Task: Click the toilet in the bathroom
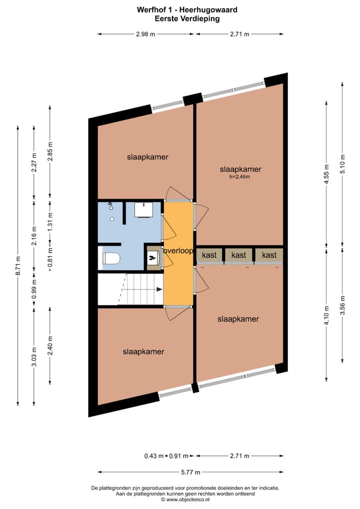point(110,258)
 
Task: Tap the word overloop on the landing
point(178,251)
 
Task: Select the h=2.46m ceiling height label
point(240,176)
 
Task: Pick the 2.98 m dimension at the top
point(145,34)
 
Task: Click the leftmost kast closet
point(209,255)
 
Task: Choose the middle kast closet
point(239,255)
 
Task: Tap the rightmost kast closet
point(269,255)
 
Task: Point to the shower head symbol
point(111,206)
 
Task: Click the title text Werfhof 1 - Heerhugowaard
point(180,9)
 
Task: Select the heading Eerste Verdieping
point(180,18)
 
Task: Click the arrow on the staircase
point(159,289)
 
